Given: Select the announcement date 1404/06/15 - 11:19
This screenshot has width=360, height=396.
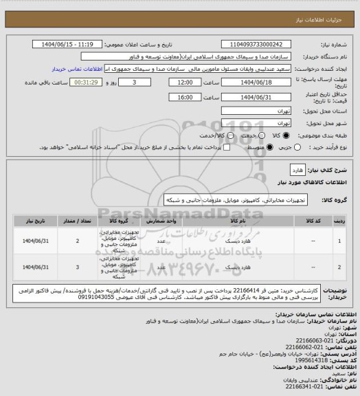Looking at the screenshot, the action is click(77, 43).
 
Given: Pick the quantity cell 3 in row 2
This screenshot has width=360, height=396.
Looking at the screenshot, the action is click(78, 266).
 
